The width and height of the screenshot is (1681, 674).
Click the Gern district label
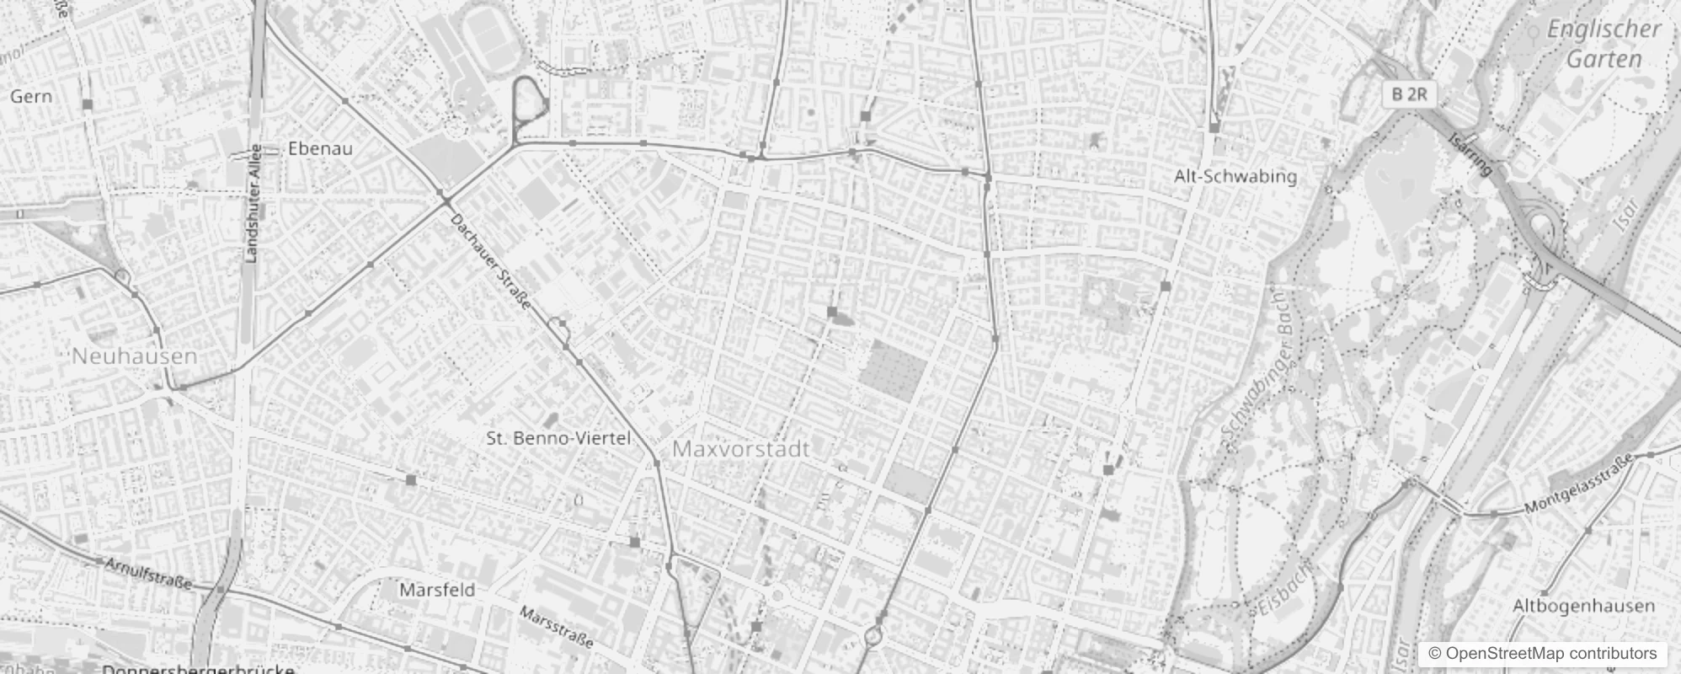pos(31,96)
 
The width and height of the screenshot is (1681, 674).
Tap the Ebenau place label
pos(320,148)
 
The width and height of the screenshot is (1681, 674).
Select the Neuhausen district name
pos(135,356)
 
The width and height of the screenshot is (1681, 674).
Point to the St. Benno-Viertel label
pos(558,438)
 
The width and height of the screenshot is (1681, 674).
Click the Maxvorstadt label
pos(741,449)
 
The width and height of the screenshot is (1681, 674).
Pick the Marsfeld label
pos(437,590)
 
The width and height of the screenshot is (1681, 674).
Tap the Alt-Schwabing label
pos(1235,176)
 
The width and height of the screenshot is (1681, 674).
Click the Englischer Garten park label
pos(1604,44)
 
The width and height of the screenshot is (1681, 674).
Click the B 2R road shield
pos(1409,94)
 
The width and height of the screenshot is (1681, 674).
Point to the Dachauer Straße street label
pos(490,261)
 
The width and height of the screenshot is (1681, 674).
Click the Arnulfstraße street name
pos(148,572)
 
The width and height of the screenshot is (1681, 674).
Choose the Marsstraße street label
pos(556,626)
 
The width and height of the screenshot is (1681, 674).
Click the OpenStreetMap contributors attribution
pos(1541,654)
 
